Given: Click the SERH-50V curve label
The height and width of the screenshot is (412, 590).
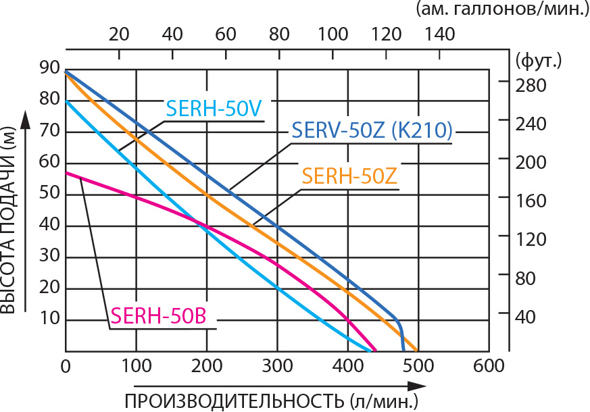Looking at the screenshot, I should (x=214, y=109).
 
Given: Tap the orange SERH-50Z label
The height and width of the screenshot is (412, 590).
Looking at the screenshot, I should (x=349, y=175).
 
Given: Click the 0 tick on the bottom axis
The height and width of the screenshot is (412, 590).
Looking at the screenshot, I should (x=66, y=366).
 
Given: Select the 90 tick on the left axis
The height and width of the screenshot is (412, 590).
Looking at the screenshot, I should (x=49, y=68).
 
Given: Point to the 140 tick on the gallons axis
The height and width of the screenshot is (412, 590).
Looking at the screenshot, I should (x=439, y=34).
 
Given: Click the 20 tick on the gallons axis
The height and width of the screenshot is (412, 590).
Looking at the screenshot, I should (x=120, y=34).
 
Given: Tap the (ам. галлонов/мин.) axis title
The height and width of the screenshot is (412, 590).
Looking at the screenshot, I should (x=501, y=9).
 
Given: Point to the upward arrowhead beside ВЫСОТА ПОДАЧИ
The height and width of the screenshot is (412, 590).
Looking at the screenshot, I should (x=26, y=120).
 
